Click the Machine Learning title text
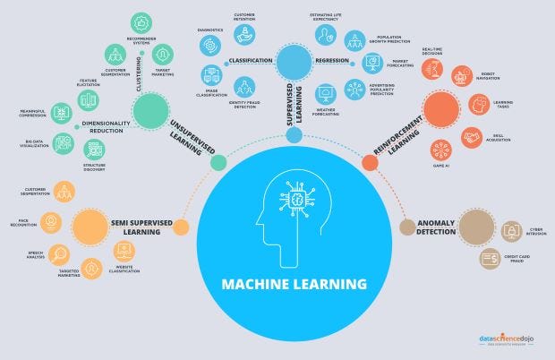pos(295,284)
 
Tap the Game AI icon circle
pos(440,149)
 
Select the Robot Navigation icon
pos(462,76)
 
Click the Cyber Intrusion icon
pos(511,231)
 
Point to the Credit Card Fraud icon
pos(490,259)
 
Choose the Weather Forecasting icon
pos(326,92)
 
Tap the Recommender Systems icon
pos(141,23)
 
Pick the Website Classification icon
pos(124,251)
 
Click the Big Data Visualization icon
pos(63,142)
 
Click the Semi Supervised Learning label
pos(135,227)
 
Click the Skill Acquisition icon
pos(472,137)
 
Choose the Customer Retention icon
pos(243,34)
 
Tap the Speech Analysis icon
pos(58,253)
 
